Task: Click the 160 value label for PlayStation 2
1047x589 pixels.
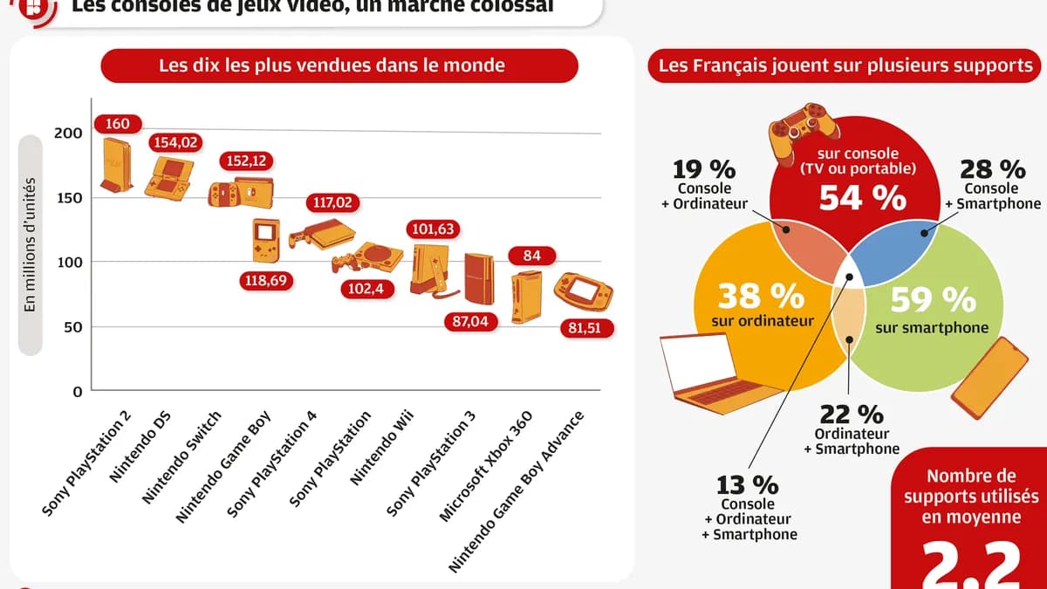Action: pos(117,124)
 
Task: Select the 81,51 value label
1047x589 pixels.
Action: pos(585,329)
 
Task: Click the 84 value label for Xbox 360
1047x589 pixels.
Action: pos(531,256)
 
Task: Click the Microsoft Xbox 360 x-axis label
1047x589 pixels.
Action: pos(494,466)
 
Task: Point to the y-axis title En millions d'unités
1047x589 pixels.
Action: pos(29,244)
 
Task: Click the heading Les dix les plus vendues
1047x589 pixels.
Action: pos(332,65)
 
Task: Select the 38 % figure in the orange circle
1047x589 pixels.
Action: pos(761,297)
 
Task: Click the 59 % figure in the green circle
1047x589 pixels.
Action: pos(933,300)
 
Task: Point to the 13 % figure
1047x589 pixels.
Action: pos(747,484)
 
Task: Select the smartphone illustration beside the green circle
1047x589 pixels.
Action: pos(989,378)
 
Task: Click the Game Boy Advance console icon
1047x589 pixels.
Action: pos(584,294)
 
